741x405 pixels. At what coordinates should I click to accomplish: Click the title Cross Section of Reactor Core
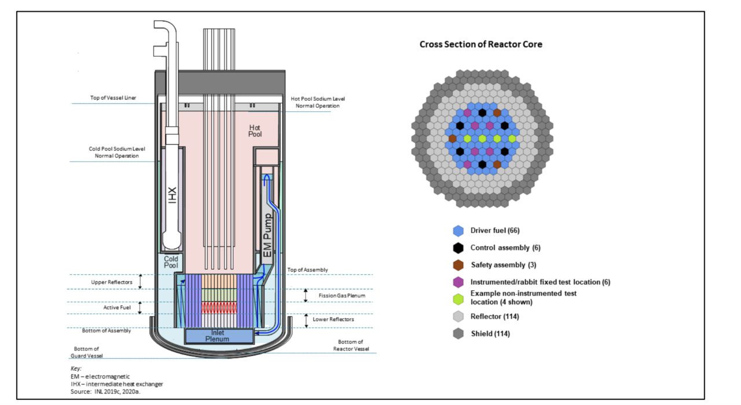click(480, 44)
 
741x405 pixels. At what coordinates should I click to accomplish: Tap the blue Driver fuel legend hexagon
click(458, 231)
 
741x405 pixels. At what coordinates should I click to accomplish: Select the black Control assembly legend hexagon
click(458, 248)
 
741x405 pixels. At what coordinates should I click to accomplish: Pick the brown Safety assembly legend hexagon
click(458, 265)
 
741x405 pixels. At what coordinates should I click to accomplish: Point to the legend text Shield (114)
click(490, 333)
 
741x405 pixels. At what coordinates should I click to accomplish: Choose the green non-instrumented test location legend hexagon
click(458, 298)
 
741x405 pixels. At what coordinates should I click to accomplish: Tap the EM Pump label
click(267, 235)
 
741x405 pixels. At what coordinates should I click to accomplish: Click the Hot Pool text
click(255, 131)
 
